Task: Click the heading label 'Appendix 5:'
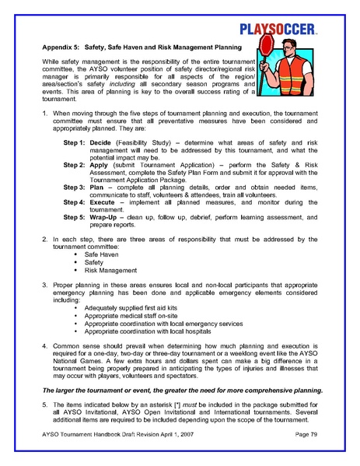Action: coord(64,48)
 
